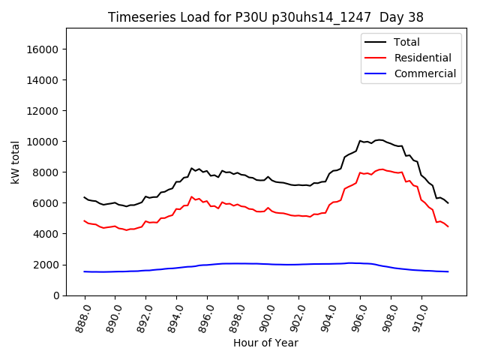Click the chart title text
click(265, 17)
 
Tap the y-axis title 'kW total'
click(16, 162)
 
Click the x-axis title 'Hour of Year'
click(265, 343)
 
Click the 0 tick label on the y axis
click(55, 295)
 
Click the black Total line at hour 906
click(360, 141)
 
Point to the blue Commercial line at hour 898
click(238, 263)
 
